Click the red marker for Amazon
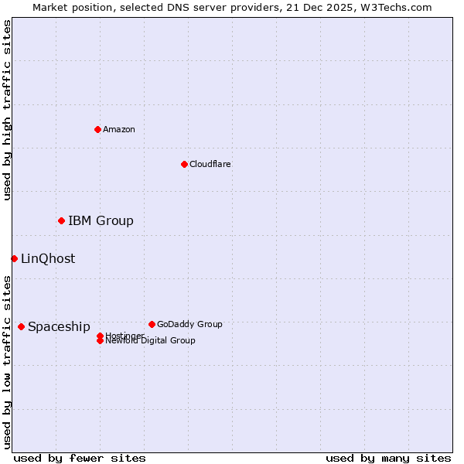tap(97, 129)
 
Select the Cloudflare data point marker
tap(184, 164)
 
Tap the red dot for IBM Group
tap(61, 221)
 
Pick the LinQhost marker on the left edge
tap(14, 258)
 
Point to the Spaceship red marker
tap(21, 326)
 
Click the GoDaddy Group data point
tap(152, 324)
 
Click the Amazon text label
tap(119, 129)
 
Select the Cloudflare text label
tap(210, 164)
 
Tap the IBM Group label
tap(101, 221)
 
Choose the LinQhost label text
tap(48, 259)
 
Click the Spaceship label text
tap(59, 327)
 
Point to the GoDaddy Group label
tap(189, 324)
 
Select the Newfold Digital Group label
tap(150, 340)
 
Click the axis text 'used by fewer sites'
tap(80, 458)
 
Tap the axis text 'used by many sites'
tap(388, 458)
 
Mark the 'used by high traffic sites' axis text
tap(7, 110)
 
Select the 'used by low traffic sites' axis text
tap(7, 361)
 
